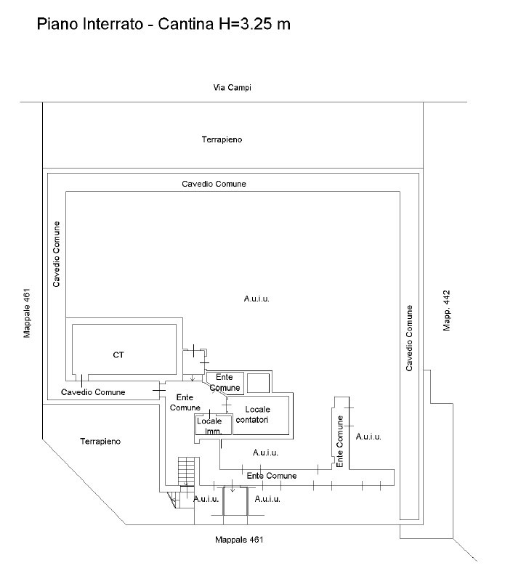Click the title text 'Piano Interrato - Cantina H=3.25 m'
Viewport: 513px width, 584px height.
163,25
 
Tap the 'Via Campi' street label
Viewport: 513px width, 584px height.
232,88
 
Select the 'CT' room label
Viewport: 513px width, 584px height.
118,354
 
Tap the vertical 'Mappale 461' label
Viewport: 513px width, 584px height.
26,314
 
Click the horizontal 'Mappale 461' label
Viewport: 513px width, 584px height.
239,540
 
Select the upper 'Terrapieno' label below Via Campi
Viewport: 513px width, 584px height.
222,139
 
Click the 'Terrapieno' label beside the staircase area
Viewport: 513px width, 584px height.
100,441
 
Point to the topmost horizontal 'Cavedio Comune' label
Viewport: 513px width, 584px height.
214,184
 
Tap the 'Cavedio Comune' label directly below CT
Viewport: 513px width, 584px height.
93,392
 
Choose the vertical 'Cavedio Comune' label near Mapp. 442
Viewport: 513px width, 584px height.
410,338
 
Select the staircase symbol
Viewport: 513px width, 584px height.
188,470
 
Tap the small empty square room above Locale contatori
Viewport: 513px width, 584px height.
258,383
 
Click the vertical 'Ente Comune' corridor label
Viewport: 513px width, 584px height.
339,440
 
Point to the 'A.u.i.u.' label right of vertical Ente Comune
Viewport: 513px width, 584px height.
368,437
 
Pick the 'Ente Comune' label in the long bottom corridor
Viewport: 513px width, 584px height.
272,476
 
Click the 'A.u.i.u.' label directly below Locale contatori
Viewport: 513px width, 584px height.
266,453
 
